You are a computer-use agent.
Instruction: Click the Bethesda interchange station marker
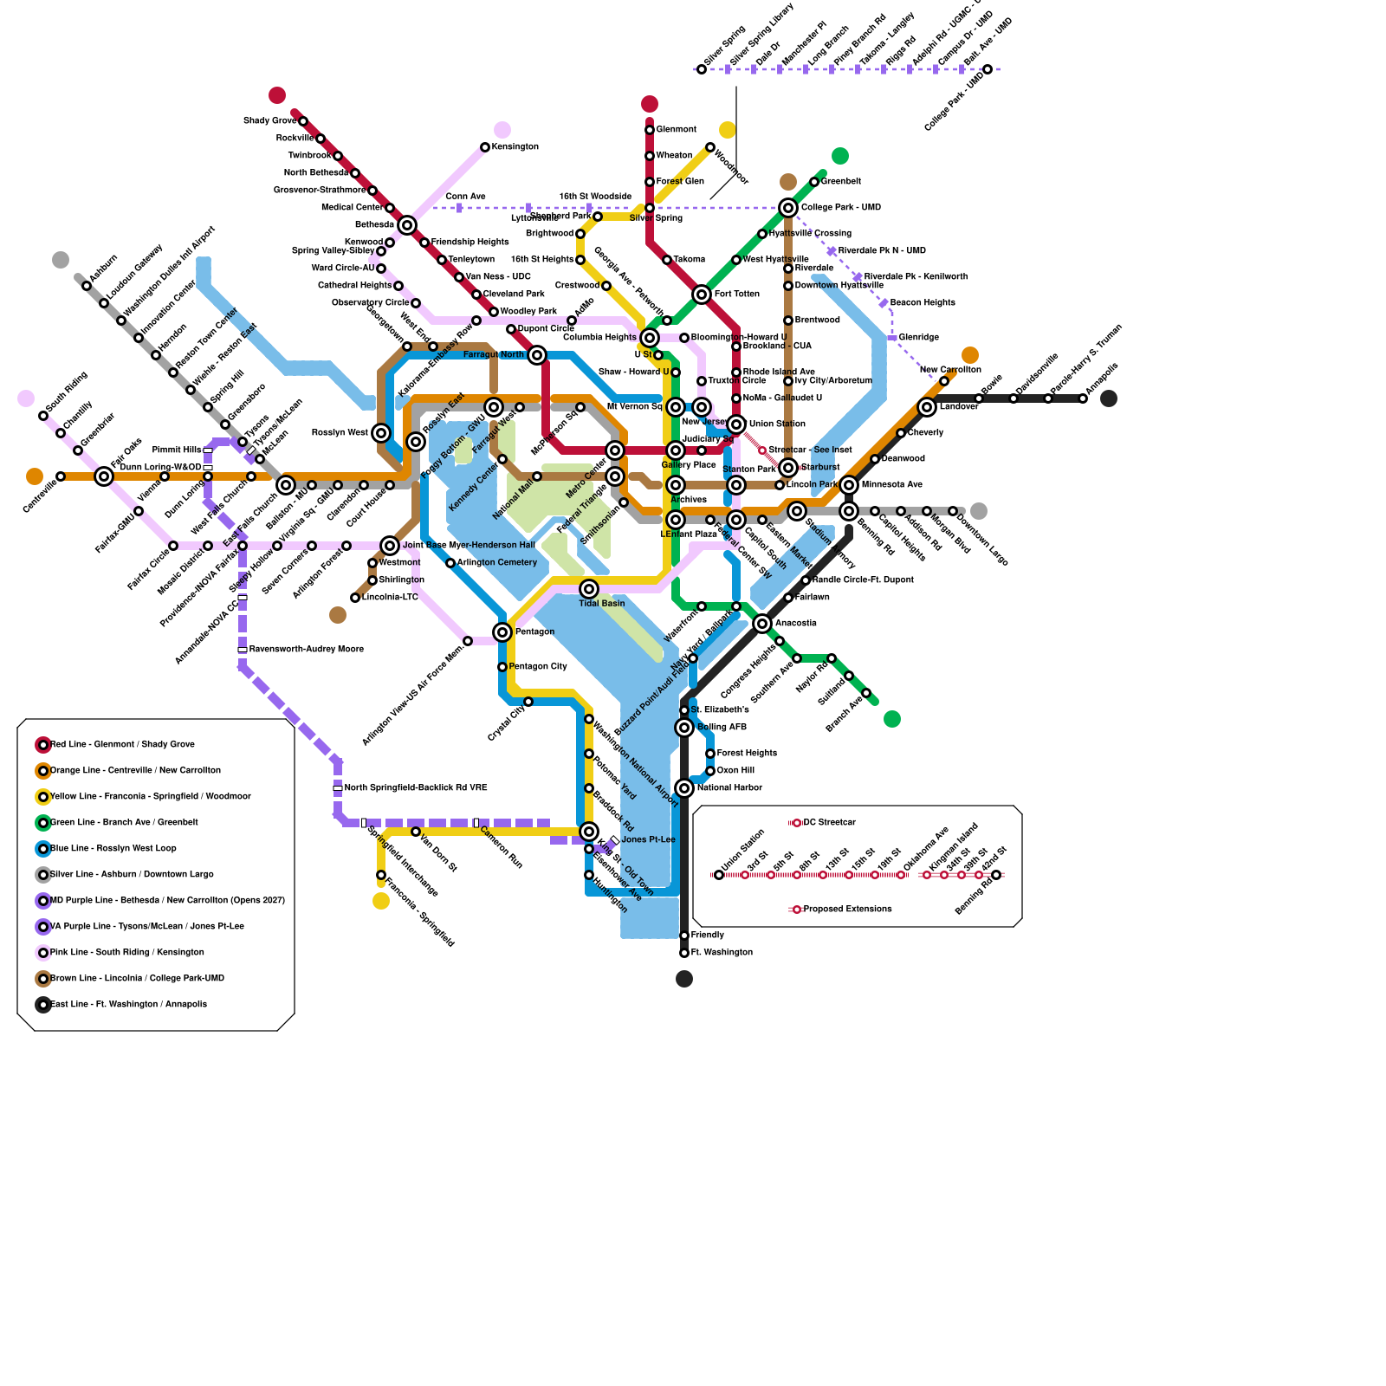(407, 225)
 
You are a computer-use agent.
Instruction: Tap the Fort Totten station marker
(702, 295)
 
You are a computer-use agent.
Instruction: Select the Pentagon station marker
(502, 632)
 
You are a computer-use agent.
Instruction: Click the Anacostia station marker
(762, 624)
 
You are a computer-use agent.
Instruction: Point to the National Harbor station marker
(684, 788)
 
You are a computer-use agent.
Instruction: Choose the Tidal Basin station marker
(589, 589)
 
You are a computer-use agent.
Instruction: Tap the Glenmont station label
(676, 130)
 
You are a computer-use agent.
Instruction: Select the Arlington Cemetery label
(497, 563)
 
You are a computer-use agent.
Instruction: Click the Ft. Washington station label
(722, 953)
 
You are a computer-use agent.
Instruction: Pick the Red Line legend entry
(122, 745)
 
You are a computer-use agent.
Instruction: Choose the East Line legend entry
(128, 1005)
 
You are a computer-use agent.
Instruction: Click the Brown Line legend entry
(137, 979)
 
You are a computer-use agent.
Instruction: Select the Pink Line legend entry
(127, 953)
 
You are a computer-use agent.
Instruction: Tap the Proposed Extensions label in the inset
(847, 910)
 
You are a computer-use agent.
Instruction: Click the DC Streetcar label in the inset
(829, 823)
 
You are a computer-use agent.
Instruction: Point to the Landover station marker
(927, 407)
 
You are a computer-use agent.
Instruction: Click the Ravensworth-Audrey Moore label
(306, 650)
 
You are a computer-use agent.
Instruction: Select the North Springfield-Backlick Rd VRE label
(415, 788)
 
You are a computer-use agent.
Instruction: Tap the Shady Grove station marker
(303, 121)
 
